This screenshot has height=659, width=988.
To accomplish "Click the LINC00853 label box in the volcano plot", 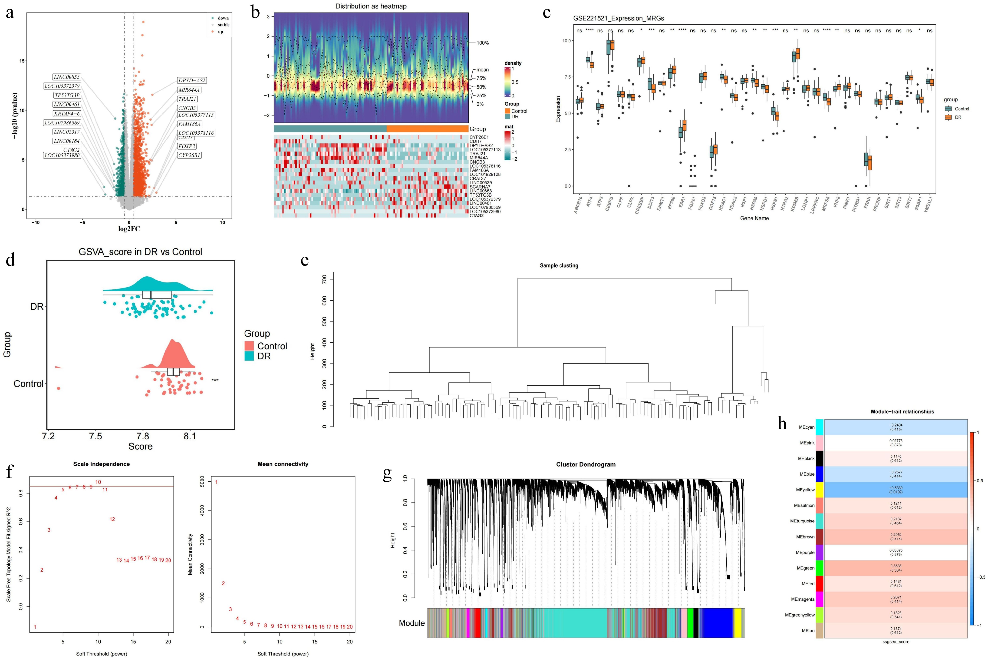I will pyautogui.click(x=67, y=77).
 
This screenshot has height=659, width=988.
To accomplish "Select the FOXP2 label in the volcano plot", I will pyautogui.click(x=187, y=146).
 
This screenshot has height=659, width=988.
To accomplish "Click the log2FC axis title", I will pyautogui.click(x=129, y=229).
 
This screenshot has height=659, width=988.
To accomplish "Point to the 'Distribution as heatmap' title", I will pyautogui.click(x=371, y=6).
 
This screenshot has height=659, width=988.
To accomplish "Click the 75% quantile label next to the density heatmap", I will pyautogui.click(x=481, y=78).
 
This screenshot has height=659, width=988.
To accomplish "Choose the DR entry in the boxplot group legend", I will pyautogui.click(x=958, y=117).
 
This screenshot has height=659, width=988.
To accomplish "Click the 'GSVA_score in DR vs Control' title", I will pyautogui.click(x=140, y=252).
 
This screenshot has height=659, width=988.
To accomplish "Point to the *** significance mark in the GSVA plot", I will pyautogui.click(x=215, y=380).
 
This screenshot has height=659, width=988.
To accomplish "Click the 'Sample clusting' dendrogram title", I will pyautogui.click(x=559, y=266).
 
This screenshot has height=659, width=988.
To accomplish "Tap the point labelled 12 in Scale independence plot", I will pyautogui.click(x=112, y=519).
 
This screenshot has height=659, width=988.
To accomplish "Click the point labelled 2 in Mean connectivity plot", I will pyautogui.click(x=223, y=583).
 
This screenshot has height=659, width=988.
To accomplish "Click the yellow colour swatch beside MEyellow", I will pyautogui.click(x=819, y=490).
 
